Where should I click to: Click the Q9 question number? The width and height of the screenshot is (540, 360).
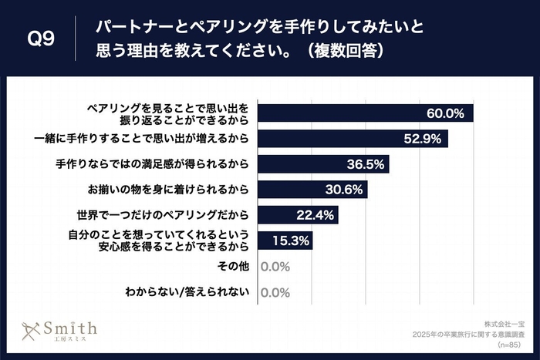coord(40,39)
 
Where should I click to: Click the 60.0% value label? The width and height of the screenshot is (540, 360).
coord(445,113)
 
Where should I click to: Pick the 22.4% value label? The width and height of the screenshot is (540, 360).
coord(316,215)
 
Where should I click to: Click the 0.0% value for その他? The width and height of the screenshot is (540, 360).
coord(275,267)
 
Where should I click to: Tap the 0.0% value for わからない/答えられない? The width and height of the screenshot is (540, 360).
coord(275,292)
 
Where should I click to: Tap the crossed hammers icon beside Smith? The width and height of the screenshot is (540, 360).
coord(31,330)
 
